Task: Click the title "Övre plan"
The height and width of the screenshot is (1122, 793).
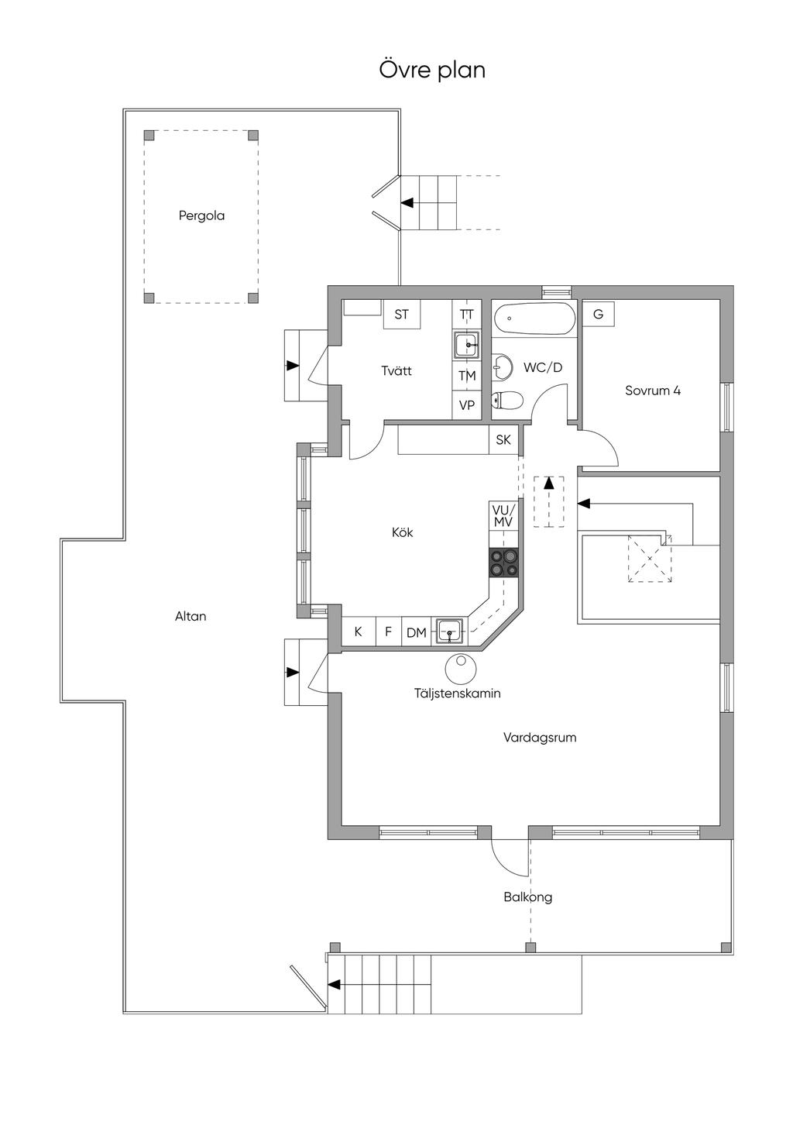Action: (x=432, y=70)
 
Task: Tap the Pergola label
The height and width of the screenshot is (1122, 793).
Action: (x=201, y=216)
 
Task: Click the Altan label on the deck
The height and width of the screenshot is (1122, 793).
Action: (x=191, y=616)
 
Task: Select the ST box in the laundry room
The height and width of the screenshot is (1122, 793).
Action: (x=401, y=314)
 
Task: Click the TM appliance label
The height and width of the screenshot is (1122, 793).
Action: (x=467, y=375)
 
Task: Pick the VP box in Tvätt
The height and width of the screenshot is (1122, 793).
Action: (x=467, y=404)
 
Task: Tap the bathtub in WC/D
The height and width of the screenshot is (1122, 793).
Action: (x=534, y=318)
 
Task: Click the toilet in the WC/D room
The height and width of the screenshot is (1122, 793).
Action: (x=508, y=400)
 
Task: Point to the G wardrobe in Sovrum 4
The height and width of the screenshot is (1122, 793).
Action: (x=598, y=314)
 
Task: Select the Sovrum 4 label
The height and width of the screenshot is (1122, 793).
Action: (x=652, y=391)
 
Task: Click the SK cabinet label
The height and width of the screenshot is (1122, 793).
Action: (x=503, y=440)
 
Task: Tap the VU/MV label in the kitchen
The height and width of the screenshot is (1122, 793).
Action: (x=503, y=516)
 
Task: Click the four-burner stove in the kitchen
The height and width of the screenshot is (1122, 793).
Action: (x=503, y=563)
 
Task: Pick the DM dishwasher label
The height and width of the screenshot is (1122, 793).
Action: (x=417, y=633)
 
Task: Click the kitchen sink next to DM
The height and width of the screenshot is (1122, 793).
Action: (x=449, y=631)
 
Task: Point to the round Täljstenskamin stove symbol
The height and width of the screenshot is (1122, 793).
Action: (x=460, y=669)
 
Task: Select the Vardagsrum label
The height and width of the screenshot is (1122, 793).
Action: (x=540, y=738)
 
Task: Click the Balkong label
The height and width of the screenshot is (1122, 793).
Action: (x=527, y=897)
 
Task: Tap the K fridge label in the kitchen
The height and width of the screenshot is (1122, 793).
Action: (x=358, y=632)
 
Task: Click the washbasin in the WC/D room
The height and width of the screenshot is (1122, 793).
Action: (x=502, y=367)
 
